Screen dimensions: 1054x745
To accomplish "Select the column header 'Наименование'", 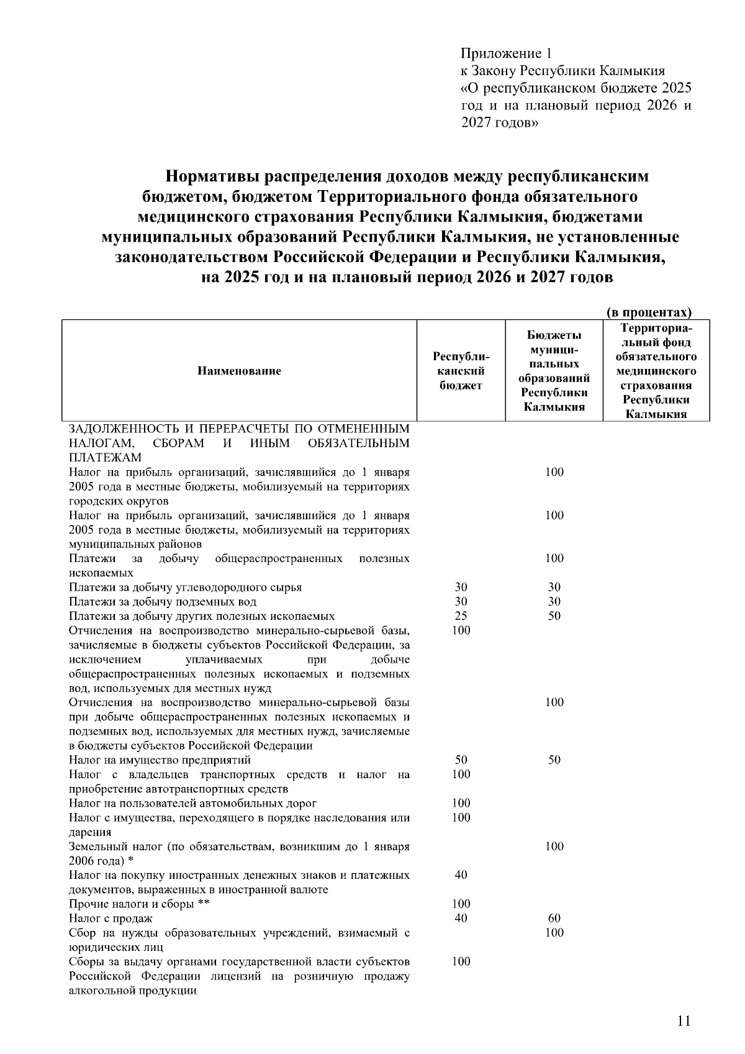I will pyautogui.click(x=239, y=371).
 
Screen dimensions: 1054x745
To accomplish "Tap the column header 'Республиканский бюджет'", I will pyautogui.click(x=461, y=371).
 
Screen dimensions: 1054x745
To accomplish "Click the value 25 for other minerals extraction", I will pyautogui.click(x=461, y=616).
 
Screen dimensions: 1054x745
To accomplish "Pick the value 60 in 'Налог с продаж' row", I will pyautogui.click(x=554, y=918).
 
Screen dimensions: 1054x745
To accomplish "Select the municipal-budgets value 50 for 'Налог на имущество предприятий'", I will pyautogui.click(x=554, y=760).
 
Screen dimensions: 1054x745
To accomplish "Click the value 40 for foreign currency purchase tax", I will pyautogui.click(x=461, y=875).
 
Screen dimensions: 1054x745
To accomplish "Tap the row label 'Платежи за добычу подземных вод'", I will pyautogui.click(x=163, y=602).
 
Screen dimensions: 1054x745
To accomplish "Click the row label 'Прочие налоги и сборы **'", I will pyautogui.click(x=139, y=904).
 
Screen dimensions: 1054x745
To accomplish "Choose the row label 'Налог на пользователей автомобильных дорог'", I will pyautogui.click(x=192, y=803).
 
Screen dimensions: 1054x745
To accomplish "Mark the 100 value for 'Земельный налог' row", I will pyautogui.click(x=554, y=846).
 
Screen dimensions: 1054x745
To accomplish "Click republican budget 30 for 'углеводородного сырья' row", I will pyautogui.click(x=461, y=587).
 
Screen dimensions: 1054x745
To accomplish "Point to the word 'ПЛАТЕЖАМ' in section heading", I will pyautogui.click(x=105, y=458).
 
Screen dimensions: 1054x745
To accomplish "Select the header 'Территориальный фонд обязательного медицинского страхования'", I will pyautogui.click(x=656, y=371).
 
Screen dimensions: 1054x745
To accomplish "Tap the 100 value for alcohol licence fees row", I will pyautogui.click(x=461, y=961).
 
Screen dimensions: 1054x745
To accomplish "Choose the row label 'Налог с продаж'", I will pyautogui.click(x=111, y=918).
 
